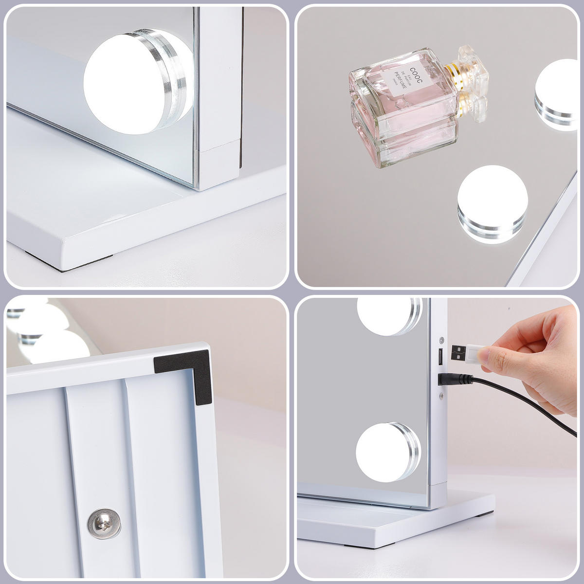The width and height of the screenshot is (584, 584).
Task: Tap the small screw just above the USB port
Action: [x=442, y=340]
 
